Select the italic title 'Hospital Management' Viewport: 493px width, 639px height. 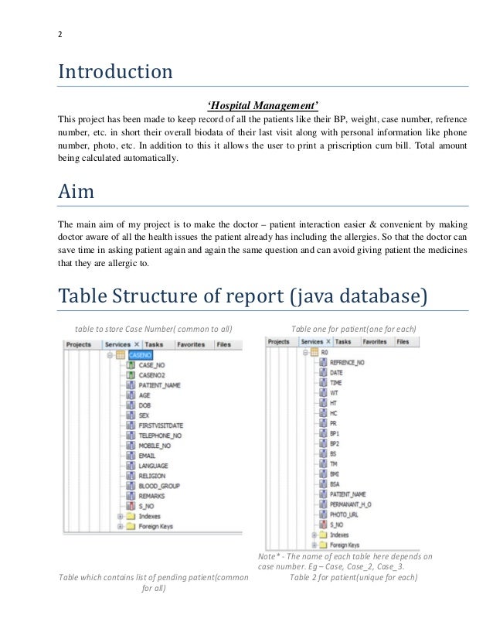pyautogui.click(x=263, y=105)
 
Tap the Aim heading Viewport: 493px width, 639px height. pyautogui.click(x=78, y=193)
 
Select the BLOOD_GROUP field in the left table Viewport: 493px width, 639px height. pyautogui.click(x=158, y=485)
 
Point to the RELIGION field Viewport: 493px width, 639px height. pyautogui.click(x=151, y=475)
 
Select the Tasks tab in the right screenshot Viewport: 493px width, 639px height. pyautogui.click(x=343, y=340)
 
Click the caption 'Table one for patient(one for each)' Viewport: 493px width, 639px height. pyautogui.click(x=352, y=329)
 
